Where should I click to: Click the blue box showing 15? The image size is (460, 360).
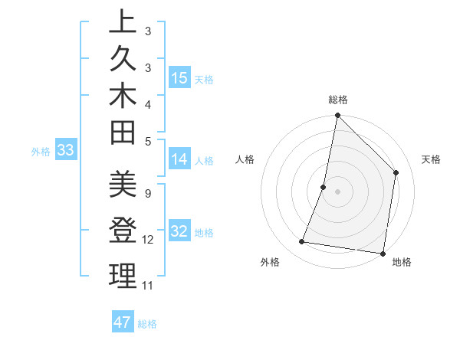click(179, 78)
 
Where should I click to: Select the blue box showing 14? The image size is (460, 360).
click(179, 159)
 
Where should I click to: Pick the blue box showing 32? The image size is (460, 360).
click(179, 231)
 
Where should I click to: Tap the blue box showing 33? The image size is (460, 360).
click(65, 151)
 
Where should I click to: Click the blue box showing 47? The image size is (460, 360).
click(123, 322)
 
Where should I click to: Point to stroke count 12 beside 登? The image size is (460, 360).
click(148, 240)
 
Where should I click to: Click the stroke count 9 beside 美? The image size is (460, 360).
click(147, 194)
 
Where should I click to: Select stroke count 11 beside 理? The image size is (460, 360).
click(148, 285)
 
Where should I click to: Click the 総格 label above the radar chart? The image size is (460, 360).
click(338, 100)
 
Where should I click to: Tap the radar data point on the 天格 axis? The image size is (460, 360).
click(396, 172)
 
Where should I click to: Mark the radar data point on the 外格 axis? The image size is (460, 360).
click(302, 242)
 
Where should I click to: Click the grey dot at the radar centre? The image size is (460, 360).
click(337, 191)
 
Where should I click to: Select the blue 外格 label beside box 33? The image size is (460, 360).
click(41, 152)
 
